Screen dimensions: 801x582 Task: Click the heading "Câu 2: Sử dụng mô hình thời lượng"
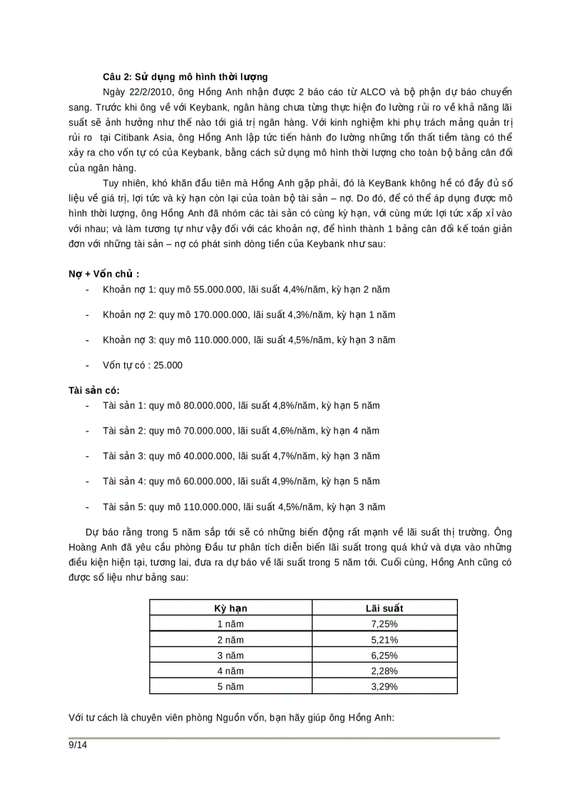click(185, 76)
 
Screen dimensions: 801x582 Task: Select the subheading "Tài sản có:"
click(94, 390)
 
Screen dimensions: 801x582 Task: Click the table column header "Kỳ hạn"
click(231, 608)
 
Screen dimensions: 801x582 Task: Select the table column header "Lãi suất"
click(384, 608)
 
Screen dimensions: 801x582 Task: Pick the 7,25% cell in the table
click(384, 624)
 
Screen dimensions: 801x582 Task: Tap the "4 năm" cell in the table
click(231, 671)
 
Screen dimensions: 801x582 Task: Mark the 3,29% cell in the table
click(384, 687)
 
